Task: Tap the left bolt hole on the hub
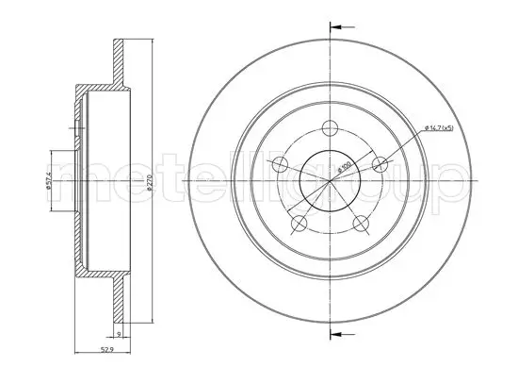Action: pos(279,166)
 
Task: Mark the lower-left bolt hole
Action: pos(299,224)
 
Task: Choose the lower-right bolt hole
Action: pos(361,224)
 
